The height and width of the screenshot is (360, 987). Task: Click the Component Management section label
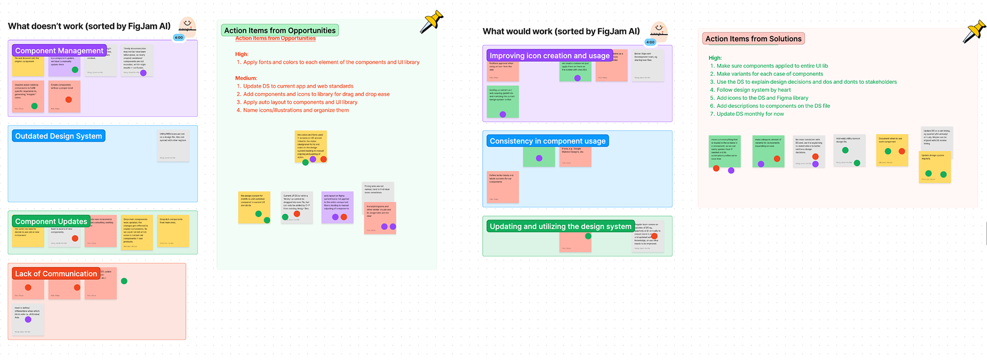[x=59, y=50]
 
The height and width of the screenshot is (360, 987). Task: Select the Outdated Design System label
[x=59, y=136]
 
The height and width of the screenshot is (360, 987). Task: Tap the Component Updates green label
[x=51, y=221]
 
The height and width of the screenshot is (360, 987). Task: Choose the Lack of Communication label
[x=56, y=274]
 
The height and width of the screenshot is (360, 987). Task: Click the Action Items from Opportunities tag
[x=280, y=30]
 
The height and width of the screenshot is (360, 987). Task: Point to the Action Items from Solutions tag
[x=753, y=39]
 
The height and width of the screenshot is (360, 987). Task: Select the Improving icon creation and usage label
[x=549, y=56]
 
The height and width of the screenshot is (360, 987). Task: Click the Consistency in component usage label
[x=547, y=141]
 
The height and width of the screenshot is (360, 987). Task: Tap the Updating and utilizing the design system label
[x=560, y=226]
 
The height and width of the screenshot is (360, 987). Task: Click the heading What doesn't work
[x=89, y=26]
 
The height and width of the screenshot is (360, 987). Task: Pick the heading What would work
[x=561, y=31]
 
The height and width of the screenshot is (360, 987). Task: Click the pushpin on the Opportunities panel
[x=431, y=22]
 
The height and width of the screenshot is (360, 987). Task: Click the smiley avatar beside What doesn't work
[x=187, y=25]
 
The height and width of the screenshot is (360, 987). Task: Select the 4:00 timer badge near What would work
[x=650, y=42]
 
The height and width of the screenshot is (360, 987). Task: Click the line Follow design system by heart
[x=753, y=90]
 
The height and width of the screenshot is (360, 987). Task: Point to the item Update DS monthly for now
[x=750, y=114]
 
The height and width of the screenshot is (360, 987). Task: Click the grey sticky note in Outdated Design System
[x=173, y=146]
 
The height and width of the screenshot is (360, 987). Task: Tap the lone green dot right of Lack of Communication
[x=124, y=281]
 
